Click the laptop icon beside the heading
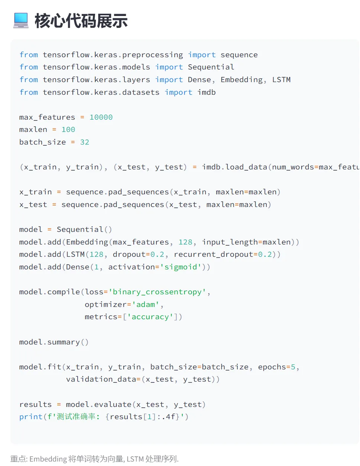coord(21,20)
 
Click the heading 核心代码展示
coord(81,21)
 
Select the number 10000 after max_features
coord(101,117)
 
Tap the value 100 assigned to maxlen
coord(68,129)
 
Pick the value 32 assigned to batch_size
coord(85,142)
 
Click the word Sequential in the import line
coord(211,67)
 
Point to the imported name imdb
coord(207,92)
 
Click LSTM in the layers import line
coord(281,80)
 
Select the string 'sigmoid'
coord(181,267)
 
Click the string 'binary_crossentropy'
coord(157,292)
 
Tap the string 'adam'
coord(146,304)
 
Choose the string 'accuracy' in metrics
coord(150,317)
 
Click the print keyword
coord(31,417)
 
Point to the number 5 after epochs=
coord(293,367)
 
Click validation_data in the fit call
coord(101,379)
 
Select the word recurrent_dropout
coord(213,254)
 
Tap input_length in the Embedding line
coord(230,242)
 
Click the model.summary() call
coord(54,342)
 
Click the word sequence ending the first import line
coord(239,55)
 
